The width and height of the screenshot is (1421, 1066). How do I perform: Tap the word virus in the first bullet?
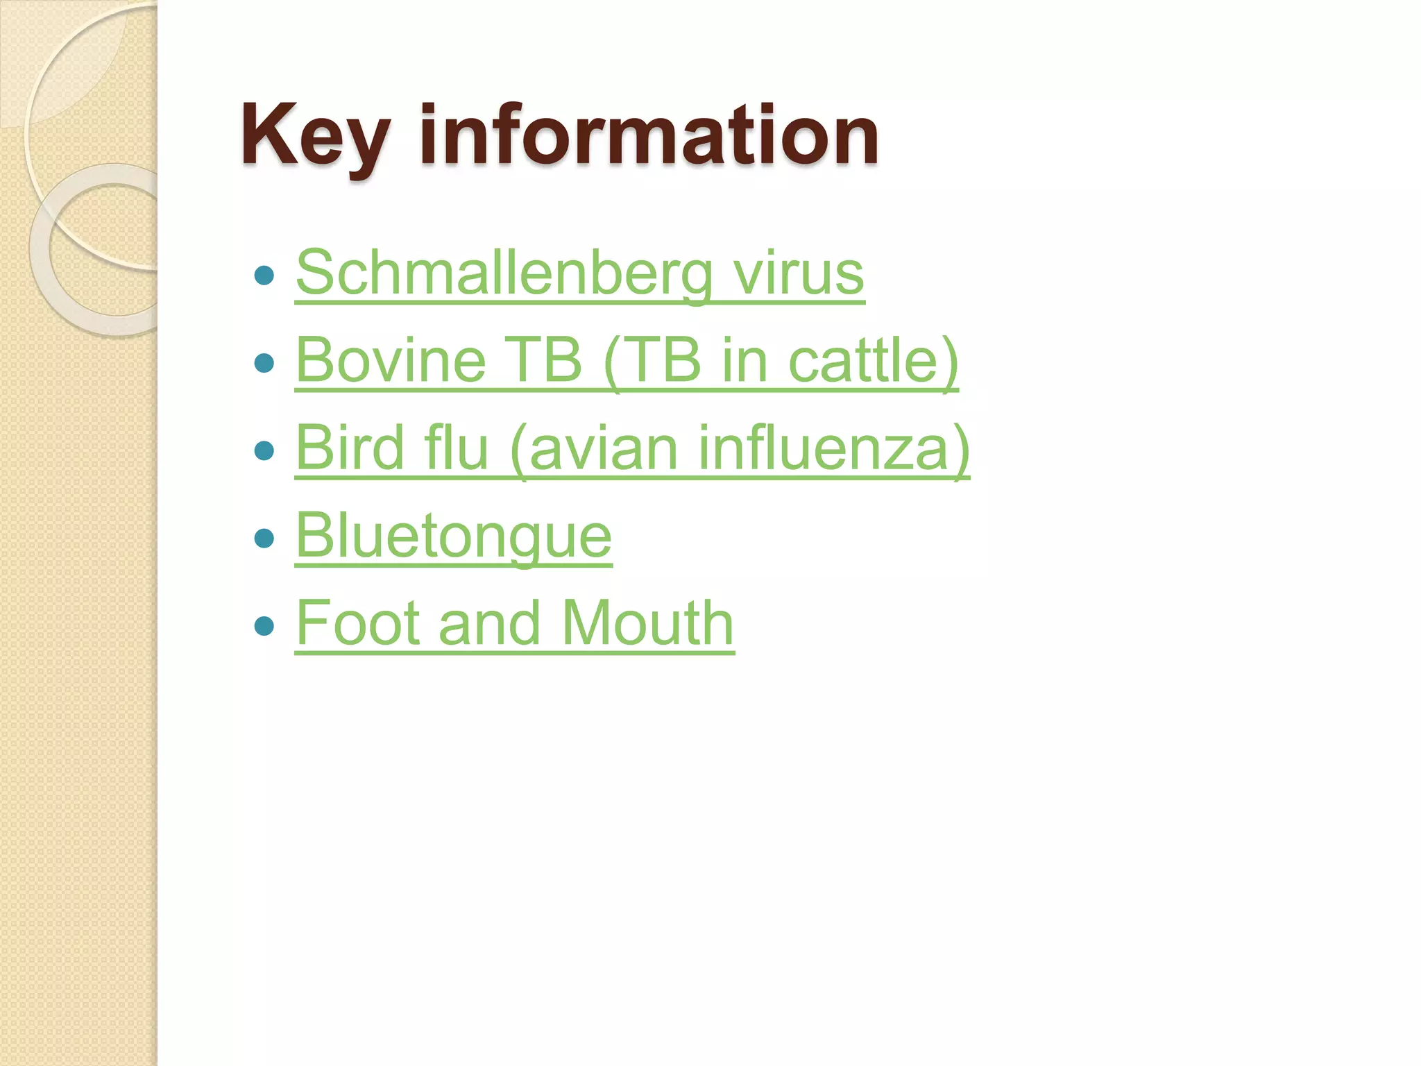point(799,273)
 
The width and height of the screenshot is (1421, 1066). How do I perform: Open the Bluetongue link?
point(454,536)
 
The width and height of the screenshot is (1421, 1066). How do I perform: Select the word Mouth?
point(647,623)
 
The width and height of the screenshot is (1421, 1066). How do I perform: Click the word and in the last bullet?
point(489,623)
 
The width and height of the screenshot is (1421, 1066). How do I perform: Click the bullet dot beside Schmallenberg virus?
point(264,276)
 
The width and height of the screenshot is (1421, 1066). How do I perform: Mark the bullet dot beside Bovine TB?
point(264,363)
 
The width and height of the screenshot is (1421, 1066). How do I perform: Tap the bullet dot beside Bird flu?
point(264,451)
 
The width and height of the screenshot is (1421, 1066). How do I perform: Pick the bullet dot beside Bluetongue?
point(264,539)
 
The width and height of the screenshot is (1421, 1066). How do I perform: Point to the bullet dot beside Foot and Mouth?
point(264,627)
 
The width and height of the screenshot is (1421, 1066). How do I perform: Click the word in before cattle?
point(744,360)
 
